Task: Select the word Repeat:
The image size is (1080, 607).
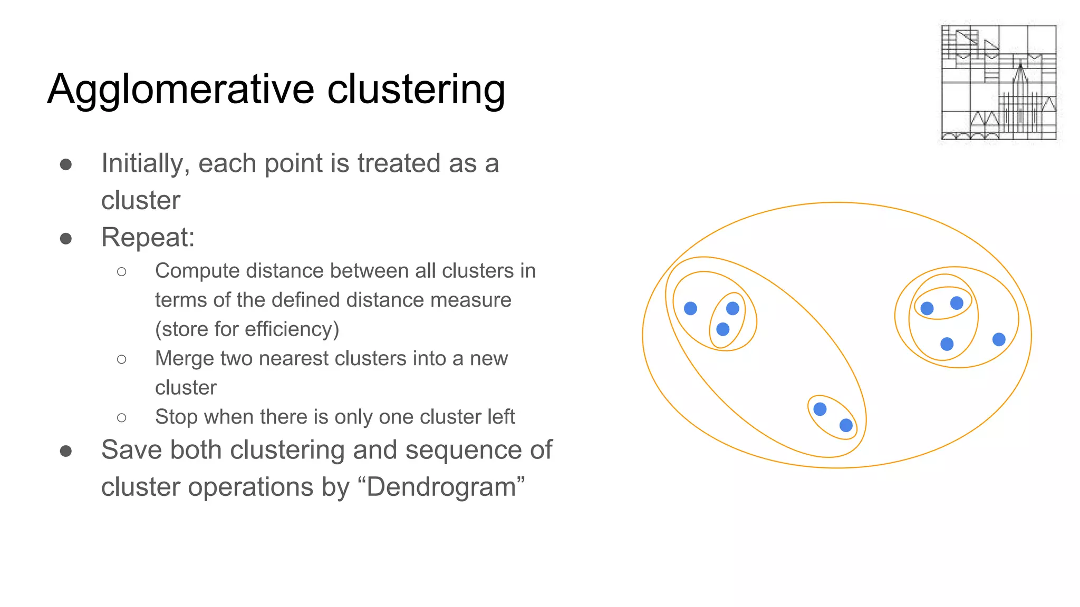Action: (x=148, y=238)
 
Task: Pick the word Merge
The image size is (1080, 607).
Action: (x=181, y=358)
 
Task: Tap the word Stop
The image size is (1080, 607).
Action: (x=176, y=417)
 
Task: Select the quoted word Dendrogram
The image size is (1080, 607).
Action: (x=441, y=487)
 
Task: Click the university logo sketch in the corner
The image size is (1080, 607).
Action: (x=999, y=83)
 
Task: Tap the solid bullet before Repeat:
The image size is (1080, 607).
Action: (x=66, y=239)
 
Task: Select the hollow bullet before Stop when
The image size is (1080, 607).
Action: (x=122, y=418)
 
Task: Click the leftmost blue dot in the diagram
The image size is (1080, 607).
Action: (x=690, y=308)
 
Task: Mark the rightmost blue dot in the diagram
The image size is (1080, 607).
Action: (x=999, y=339)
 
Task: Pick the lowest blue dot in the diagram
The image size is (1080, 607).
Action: (x=846, y=425)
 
